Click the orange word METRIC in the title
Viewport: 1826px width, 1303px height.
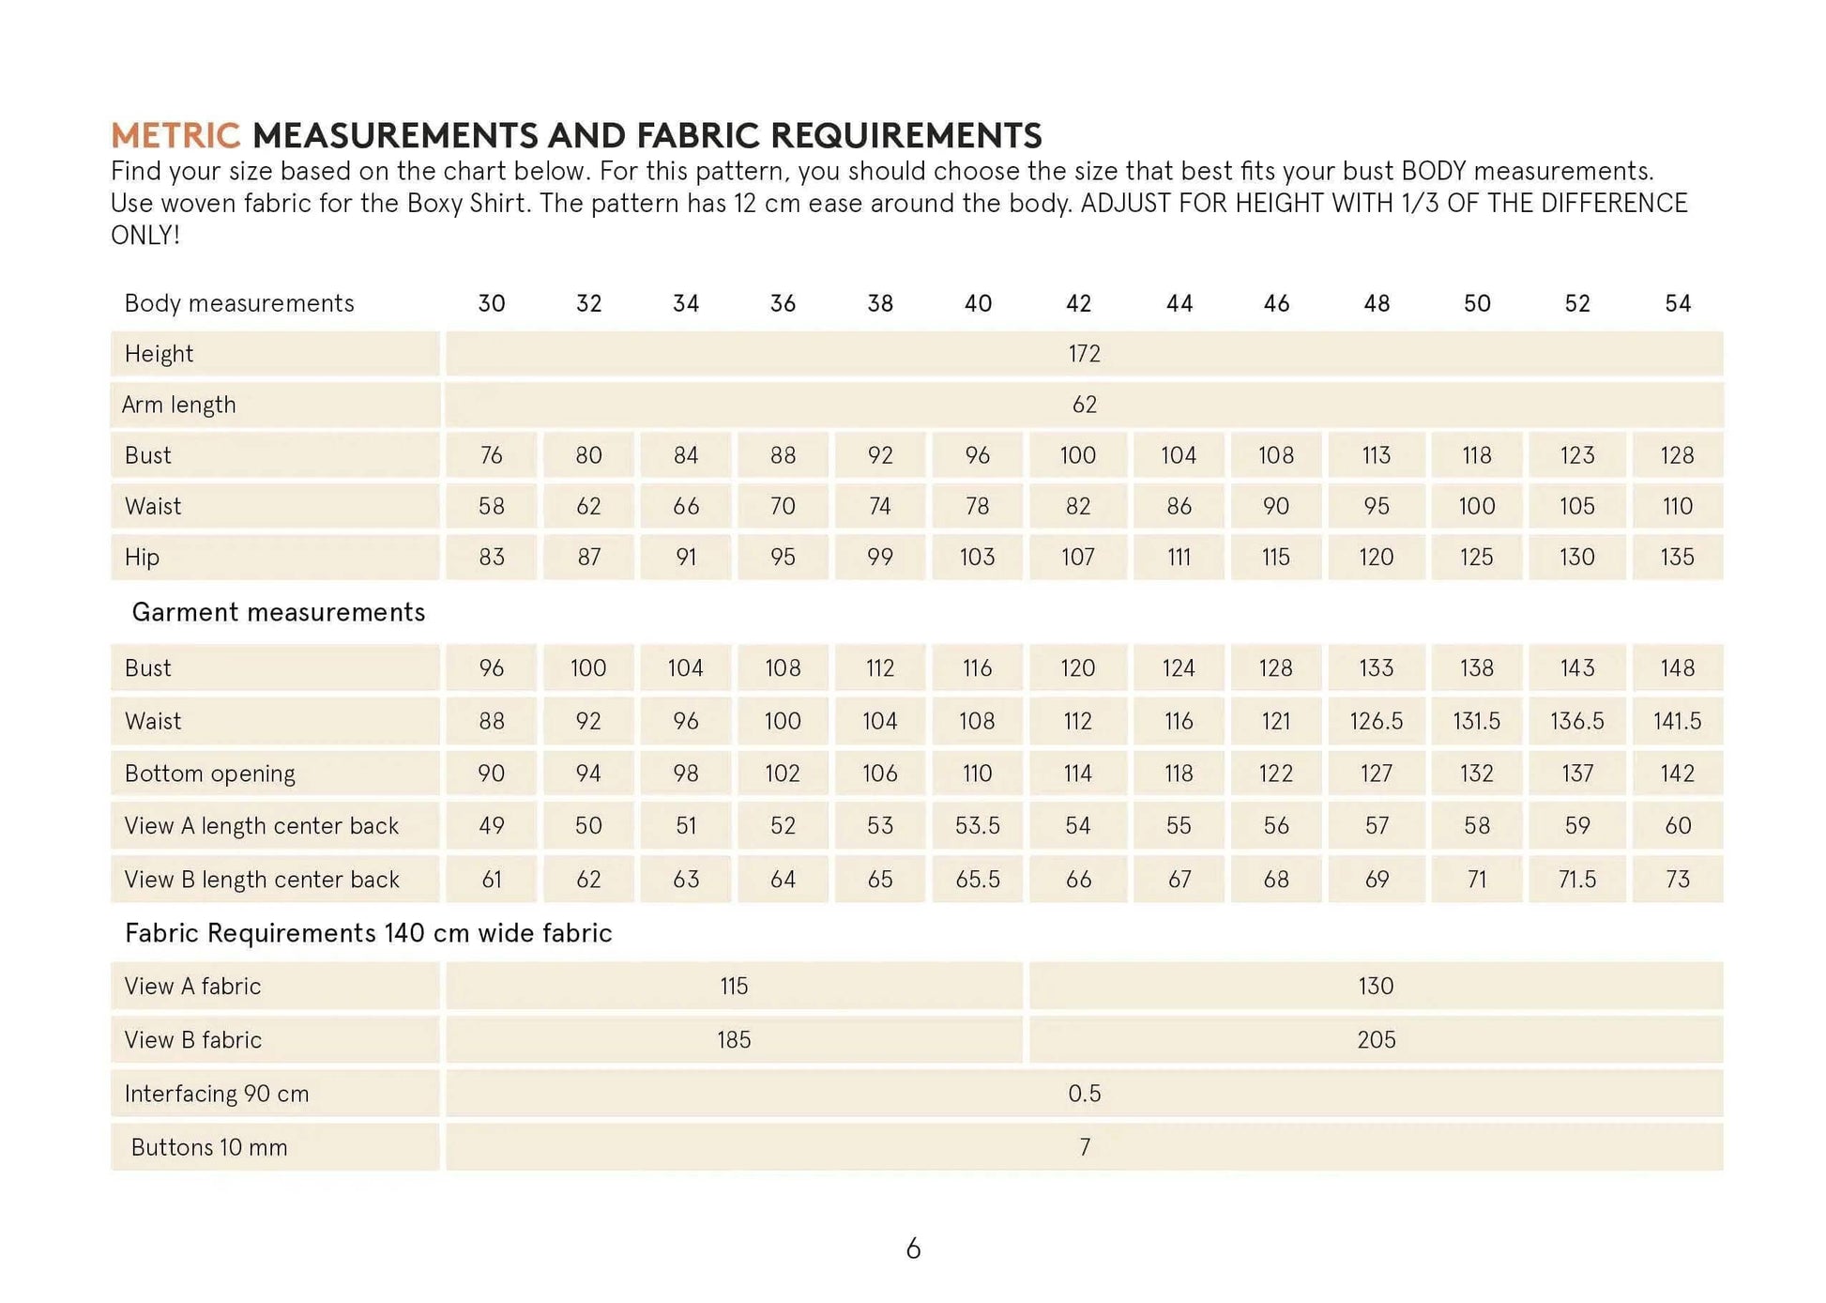tap(175, 136)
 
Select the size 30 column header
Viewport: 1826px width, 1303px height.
tap(492, 303)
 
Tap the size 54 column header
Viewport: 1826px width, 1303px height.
tap(1678, 303)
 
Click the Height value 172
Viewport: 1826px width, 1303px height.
tap(1084, 354)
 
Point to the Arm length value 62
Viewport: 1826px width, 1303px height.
tap(1084, 405)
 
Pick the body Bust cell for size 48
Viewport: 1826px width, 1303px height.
tap(1377, 455)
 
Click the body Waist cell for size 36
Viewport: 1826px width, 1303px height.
tap(783, 506)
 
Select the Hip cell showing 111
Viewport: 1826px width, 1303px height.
tap(1179, 557)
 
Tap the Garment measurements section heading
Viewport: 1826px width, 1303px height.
tap(279, 612)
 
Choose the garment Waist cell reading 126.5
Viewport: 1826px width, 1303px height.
tap(1377, 721)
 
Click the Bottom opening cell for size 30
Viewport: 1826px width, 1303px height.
tap(492, 774)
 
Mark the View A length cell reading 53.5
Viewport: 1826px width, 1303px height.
tap(978, 826)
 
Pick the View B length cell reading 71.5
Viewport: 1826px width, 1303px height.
tap(1577, 880)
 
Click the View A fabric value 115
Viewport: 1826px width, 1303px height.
tap(734, 987)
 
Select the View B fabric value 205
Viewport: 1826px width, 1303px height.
tap(1377, 1040)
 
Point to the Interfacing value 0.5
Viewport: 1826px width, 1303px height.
tap(1084, 1094)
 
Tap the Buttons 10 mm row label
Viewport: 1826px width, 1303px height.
tap(209, 1147)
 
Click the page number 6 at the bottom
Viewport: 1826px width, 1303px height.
tap(913, 1249)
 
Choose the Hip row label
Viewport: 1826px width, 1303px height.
tap(143, 557)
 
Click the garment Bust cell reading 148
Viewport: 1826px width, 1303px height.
tap(1678, 668)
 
